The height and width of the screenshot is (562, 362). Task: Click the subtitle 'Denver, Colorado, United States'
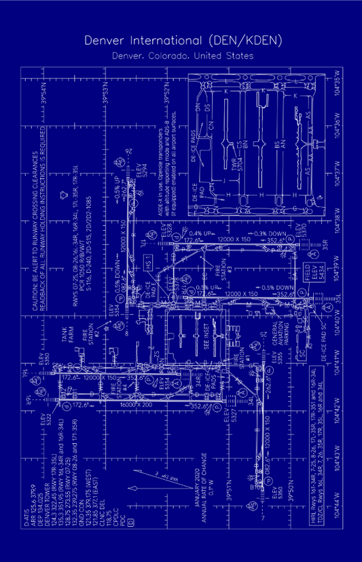click(x=181, y=56)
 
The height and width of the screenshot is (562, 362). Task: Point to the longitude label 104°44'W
click(x=338, y=506)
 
